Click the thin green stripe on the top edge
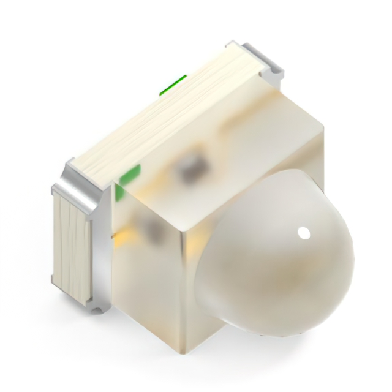point(173,85)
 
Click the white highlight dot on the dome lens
point(303,233)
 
